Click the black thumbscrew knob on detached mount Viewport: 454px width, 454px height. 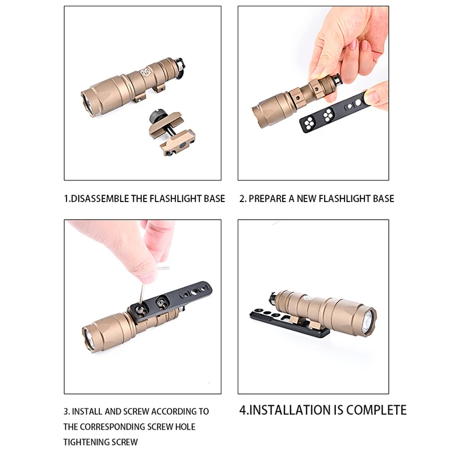[x=155, y=117]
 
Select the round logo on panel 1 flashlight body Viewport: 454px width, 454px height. [x=145, y=73]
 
